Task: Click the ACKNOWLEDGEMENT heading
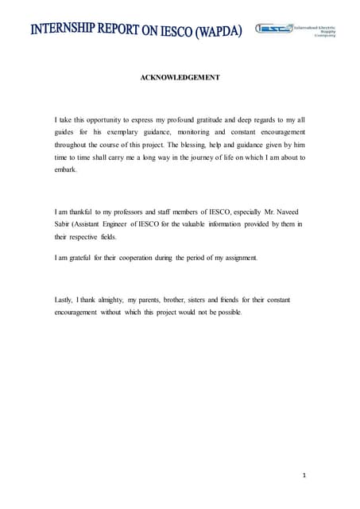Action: point(180,77)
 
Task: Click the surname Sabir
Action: point(63,225)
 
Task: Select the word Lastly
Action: point(64,299)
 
